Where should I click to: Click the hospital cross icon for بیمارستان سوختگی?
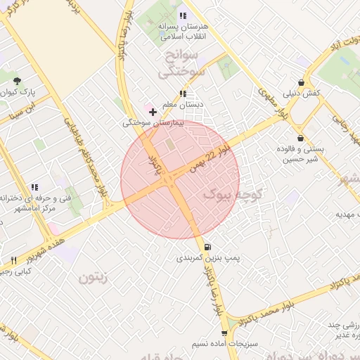153,112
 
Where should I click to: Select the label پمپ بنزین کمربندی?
208,259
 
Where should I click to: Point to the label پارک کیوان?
27,93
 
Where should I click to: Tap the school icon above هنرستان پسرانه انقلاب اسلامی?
183,15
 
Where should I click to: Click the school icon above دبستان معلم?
183,94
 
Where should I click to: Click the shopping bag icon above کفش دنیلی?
302,82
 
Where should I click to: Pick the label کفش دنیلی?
302,93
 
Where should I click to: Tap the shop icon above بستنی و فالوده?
301,138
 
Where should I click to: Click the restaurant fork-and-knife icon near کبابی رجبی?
13,260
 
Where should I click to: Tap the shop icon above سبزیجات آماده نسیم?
224,334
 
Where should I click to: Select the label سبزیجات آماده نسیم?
225,345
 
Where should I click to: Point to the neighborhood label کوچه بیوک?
232,193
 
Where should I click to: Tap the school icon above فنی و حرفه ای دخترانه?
33,187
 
